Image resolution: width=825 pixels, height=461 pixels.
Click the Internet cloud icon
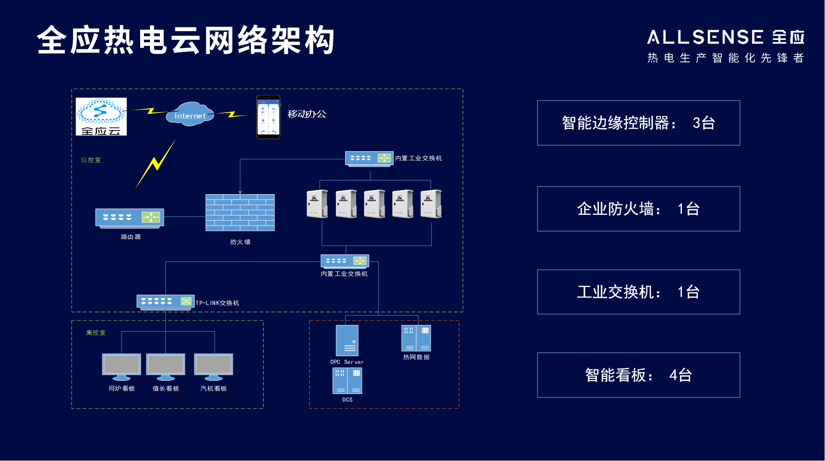pos(189,114)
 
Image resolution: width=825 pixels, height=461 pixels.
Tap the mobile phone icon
pos(268,117)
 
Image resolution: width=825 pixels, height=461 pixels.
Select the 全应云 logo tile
pos(101,116)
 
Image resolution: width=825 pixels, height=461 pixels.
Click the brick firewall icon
pos(240,213)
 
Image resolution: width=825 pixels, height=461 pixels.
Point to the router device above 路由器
pos(129,218)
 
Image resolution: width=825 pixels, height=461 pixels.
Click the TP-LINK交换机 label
pos(217,303)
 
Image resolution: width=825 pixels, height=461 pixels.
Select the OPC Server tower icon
pos(347,340)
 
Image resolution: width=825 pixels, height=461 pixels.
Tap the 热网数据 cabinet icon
pos(416,338)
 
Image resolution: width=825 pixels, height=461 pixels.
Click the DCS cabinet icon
pos(347,381)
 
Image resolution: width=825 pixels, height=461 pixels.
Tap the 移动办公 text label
pos(307,114)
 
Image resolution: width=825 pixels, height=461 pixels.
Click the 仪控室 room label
pos(91,160)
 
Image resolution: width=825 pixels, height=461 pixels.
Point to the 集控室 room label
pos(95,333)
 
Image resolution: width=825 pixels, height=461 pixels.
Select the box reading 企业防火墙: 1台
pos(639,209)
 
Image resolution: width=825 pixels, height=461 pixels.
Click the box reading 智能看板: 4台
pos(639,375)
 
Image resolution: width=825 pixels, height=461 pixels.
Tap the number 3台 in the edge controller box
pos(704,123)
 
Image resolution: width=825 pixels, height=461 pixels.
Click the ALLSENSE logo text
pos(705,37)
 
